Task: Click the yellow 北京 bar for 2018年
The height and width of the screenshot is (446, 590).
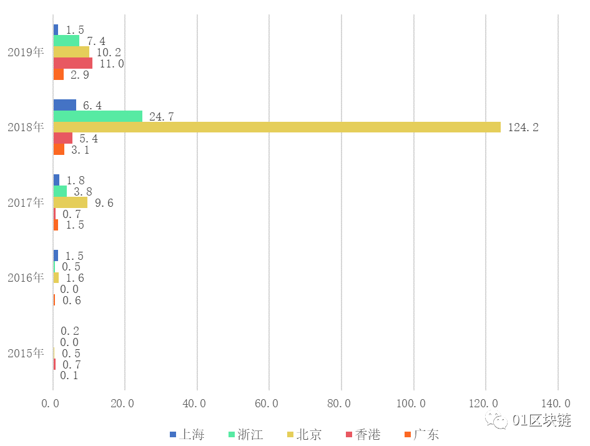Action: pos(277,127)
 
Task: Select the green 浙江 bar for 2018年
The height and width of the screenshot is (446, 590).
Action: pos(97,116)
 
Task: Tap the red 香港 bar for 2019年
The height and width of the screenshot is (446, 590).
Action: pos(72,63)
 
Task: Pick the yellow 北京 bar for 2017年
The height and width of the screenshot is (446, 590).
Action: pos(70,202)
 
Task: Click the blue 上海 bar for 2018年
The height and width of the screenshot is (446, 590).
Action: pos(64,105)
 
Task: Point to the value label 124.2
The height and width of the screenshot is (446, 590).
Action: pos(523,127)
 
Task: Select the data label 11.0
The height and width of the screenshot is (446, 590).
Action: pos(112,63)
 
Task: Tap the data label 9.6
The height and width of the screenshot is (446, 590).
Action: pos(104,202)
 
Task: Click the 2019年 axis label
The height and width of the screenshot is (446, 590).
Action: pos(26,52)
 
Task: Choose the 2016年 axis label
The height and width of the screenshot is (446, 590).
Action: pos(26,277)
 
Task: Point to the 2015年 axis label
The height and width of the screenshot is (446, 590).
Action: pos(26,353)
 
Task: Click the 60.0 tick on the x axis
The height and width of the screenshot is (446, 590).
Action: pos(269,404)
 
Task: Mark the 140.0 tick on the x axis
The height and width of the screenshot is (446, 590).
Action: pos(558,404)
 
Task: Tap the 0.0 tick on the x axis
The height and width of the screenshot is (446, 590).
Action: pos(53,404)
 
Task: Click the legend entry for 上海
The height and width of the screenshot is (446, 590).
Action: pos(187,434)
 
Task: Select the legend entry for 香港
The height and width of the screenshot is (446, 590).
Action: pos(363,434)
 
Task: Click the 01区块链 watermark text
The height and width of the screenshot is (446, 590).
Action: pos(541,420)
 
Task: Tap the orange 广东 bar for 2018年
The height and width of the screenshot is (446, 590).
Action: pos(59,150)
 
